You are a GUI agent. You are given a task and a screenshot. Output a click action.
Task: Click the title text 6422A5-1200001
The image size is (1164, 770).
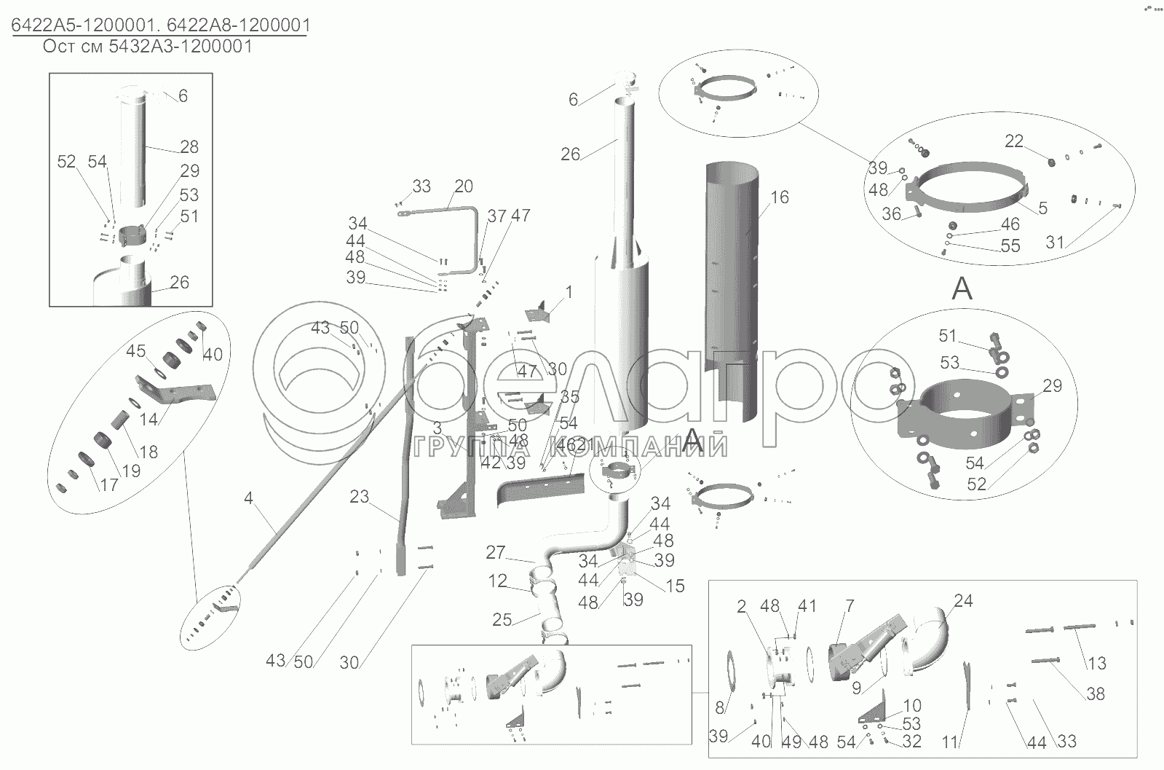84,25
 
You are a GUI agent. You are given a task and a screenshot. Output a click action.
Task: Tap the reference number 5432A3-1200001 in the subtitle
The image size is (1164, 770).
181,47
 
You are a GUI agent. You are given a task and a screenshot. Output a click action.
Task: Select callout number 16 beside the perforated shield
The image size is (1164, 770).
780,197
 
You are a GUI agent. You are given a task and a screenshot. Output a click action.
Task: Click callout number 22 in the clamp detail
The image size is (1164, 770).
1014,141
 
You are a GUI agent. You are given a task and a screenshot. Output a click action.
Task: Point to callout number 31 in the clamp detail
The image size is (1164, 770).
1055,243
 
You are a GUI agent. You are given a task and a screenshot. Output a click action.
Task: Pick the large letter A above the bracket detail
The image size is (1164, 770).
962,288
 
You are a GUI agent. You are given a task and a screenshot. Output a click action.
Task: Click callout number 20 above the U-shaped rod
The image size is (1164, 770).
464,186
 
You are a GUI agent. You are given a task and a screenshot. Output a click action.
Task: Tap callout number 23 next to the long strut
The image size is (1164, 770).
359,497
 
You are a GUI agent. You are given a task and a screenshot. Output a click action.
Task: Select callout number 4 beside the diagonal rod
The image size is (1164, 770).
248,498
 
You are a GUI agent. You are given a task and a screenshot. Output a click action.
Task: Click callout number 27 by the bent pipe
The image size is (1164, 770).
495,552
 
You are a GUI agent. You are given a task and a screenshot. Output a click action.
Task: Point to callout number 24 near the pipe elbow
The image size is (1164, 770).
963,600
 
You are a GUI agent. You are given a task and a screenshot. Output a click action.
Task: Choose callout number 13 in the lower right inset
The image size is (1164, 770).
1097,663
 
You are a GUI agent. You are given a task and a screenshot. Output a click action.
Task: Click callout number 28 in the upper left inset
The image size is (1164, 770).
189,146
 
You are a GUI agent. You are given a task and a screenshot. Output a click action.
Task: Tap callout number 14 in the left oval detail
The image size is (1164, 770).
149,419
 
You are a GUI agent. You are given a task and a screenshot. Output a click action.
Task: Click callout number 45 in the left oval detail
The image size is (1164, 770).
135,351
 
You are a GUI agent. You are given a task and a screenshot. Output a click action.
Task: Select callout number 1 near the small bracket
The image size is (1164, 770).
569,292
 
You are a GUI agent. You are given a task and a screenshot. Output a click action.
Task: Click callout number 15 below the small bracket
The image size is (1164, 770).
675,586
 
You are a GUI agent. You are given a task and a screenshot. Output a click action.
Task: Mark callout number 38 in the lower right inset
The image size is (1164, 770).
1096,694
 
